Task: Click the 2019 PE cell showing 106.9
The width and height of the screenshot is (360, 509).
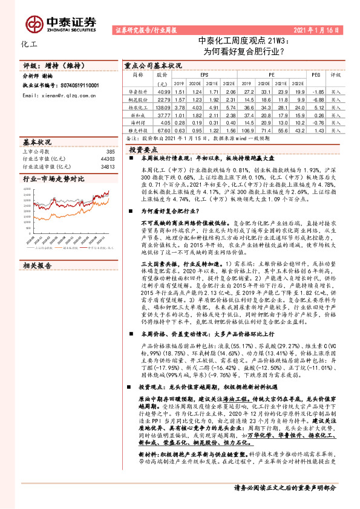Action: coord(250,129)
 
